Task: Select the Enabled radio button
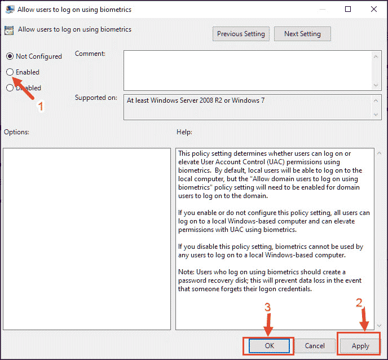pos(10,72)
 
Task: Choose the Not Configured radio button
pos(10,56)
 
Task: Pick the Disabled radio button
pos(10,87)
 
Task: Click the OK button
pos(269,346)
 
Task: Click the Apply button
pos(360,346)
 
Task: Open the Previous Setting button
pos(241,34)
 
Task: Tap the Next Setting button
pos(302,34)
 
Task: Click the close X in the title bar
pos(374,9)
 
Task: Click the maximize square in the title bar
pos(348,9)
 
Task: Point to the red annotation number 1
pos(41,106)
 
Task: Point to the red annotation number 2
pos(359,302)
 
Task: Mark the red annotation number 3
pos(267,307)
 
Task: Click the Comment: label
pos(90,54)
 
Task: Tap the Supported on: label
pos(96,98)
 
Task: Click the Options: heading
pos(16,132)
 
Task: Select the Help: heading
pos(184,132)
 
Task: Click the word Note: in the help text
pos(186,272)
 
